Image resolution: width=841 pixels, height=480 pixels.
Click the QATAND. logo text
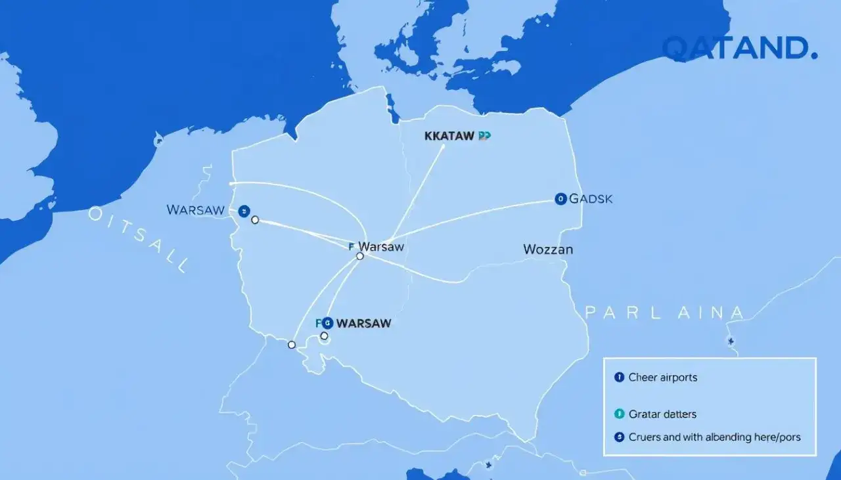click(x=739, y=49)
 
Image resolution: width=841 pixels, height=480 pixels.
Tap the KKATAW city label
click(x=449, y=136)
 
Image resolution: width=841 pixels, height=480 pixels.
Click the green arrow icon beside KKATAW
click(x=485, y=136)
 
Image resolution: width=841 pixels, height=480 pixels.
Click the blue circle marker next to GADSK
click(x=560, y=199)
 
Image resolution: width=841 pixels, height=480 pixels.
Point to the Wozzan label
click(x=548, y=250)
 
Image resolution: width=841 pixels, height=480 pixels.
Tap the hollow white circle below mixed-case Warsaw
click(x=359, y=256)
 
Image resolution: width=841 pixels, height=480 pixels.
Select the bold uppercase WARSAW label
click(x=363, y=323)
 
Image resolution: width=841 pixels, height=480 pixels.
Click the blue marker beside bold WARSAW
click(x=327, y=322)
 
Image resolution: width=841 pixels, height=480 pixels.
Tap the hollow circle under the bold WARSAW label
click(x=324, y=336)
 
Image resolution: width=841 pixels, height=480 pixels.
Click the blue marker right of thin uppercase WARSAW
click(x=244, y=211)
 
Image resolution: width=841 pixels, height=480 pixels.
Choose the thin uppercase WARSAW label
click(x=196, y=210)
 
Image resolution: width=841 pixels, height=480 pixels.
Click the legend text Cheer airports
click(x=663, y=378)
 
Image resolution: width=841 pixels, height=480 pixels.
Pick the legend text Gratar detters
click(x=662, y=414)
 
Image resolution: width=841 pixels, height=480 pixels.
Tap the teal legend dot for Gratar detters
click(x=618, y=414)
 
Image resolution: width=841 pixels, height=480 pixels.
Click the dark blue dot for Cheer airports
click(x=618, y=377)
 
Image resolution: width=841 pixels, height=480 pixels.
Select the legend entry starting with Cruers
click(x=714, y=437)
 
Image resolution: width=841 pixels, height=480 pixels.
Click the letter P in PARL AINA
click(x=590, y=313)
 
